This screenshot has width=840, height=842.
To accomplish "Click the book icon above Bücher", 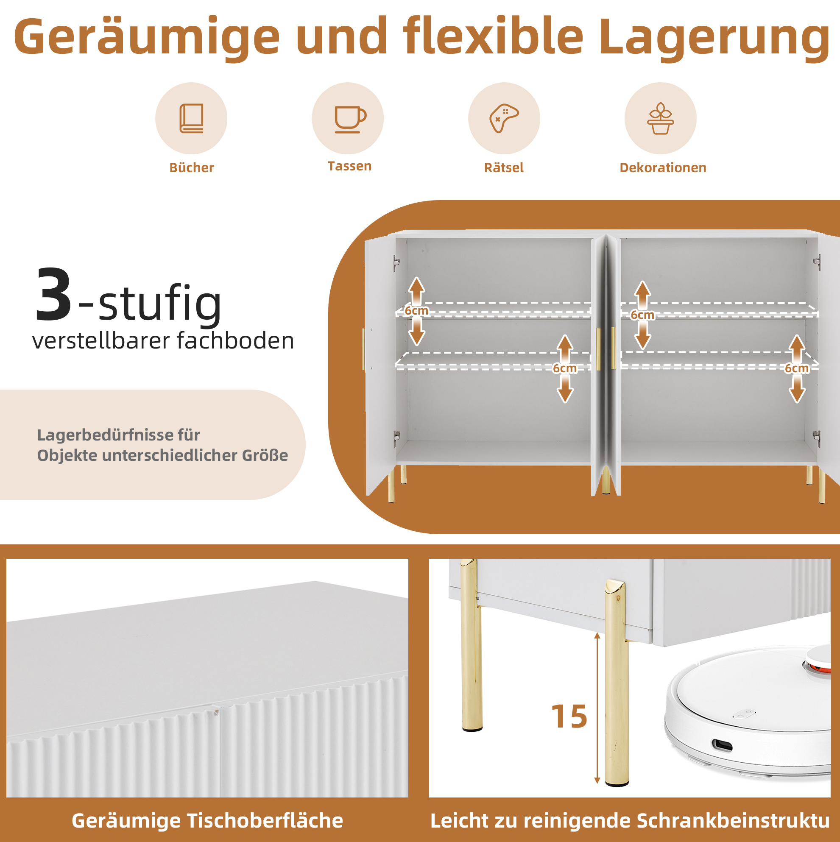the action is [191, 118].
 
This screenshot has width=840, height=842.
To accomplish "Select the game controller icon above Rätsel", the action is [504, 118].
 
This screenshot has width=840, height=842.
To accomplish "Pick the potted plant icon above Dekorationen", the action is [660, 118].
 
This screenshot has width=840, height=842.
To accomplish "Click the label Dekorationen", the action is [663, 168].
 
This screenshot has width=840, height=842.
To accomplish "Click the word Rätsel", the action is [504, 167].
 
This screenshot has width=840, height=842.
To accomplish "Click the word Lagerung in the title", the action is [714, 38].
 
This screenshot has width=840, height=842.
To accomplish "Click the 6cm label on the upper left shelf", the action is [416, 311].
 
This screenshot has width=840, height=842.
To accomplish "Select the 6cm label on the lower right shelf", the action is [796, 368].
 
